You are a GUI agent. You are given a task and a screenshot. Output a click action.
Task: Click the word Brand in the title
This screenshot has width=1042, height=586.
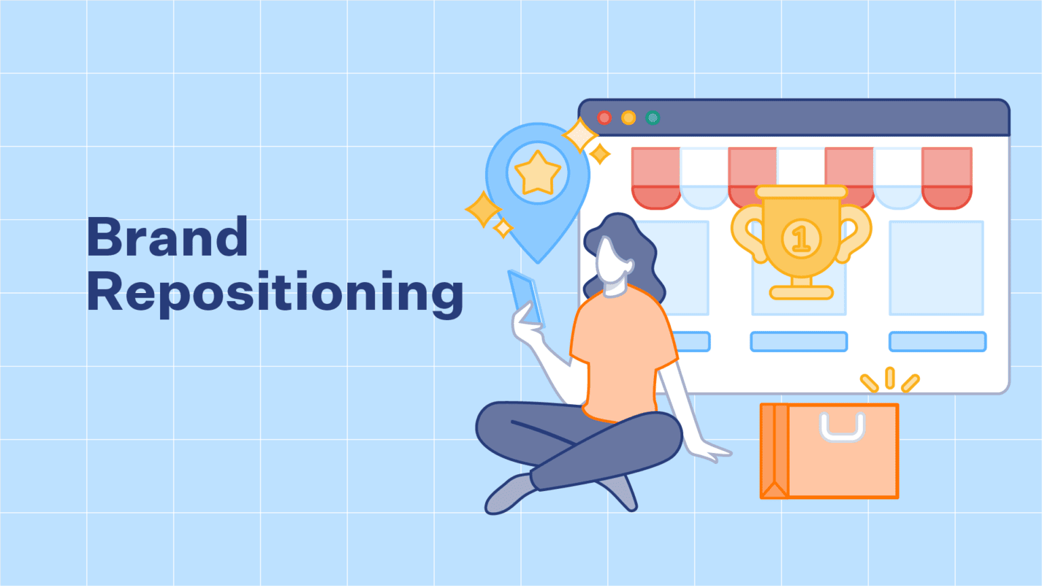(x=168, y=236)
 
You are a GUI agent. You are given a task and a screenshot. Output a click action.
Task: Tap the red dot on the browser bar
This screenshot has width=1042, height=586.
(x=604, y=117)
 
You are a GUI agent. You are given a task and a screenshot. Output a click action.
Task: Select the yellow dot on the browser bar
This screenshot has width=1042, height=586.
(x=628, y=117)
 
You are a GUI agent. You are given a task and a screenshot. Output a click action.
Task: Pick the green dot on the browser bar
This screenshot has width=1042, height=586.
(x=653, y=117)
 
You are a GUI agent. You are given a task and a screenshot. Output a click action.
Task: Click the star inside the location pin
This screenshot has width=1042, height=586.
(x=538, y=173)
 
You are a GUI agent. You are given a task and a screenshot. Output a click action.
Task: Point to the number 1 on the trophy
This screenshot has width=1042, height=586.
(x=800, y=239)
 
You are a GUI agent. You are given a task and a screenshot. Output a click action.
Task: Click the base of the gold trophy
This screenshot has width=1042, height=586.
(x=801, y=292)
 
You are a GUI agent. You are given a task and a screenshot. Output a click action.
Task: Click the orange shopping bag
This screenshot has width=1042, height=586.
(x=830, y=451)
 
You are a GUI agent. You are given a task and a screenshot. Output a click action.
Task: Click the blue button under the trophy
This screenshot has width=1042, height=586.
(x=798, y=341)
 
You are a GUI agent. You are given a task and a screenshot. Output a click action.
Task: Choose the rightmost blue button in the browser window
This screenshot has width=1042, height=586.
(x=938, y=341)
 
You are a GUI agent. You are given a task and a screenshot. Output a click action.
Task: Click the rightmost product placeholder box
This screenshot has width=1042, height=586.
(x=936, y=268)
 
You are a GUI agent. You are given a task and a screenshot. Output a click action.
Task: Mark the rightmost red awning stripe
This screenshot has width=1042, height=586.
(x=946, y=178)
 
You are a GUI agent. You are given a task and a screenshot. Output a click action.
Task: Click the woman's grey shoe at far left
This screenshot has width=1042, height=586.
(x=509, y=494)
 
